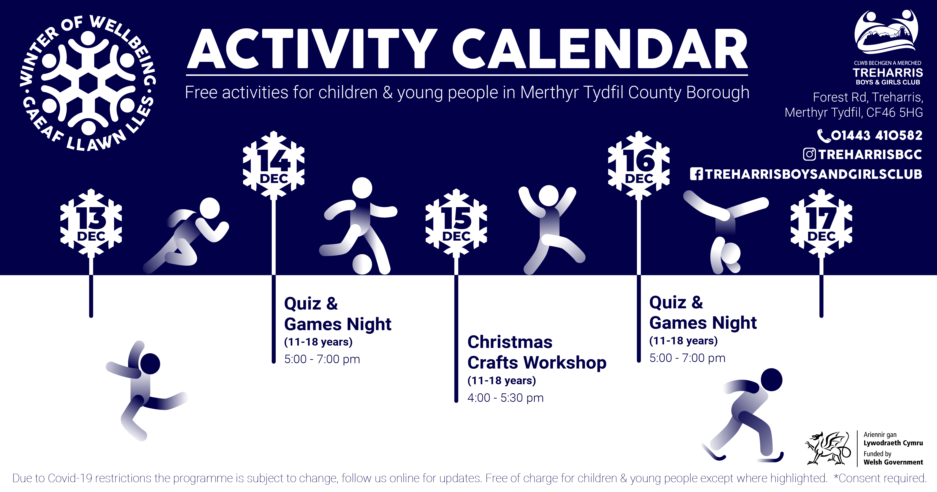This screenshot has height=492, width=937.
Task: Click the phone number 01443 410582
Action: pos(877,135)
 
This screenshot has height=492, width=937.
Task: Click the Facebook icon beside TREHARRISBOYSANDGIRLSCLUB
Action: pos(696,174)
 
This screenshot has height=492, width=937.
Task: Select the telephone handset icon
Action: pos(824,136)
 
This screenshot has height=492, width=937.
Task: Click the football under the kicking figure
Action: pos(362,264)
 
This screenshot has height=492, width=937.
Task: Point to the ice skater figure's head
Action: pos(771,380)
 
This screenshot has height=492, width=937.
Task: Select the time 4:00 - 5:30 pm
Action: pos(505,398)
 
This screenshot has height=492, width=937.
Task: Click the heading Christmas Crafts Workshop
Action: pos(537,352)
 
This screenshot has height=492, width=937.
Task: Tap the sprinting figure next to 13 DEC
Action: pos(186,235)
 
